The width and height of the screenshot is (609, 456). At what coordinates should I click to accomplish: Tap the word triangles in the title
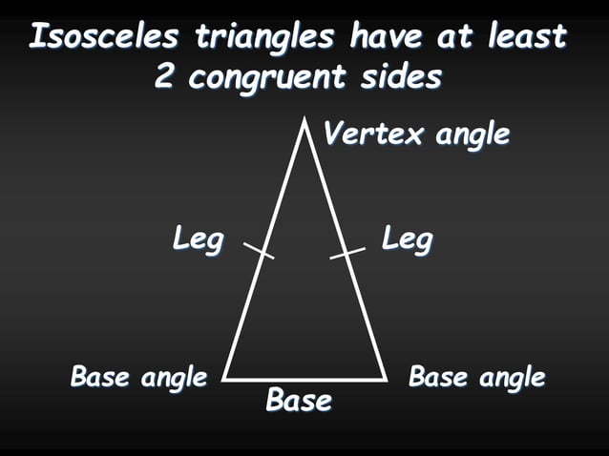point(266,37)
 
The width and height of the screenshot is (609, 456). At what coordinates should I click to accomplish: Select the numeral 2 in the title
point(165,77)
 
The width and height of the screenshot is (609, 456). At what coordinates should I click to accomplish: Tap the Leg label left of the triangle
point(198,238)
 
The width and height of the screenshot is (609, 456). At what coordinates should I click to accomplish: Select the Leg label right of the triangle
point(408,238)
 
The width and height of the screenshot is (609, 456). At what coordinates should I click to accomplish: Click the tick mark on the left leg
point(259,251)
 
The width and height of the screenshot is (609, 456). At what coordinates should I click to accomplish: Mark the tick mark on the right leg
point(348,251)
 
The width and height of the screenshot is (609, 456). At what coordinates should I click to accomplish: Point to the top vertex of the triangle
point(304,121)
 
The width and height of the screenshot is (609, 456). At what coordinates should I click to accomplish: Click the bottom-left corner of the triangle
point(223,379)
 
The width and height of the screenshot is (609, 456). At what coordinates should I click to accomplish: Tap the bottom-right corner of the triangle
point(387,379)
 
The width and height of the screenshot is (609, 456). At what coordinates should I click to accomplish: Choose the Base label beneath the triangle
point(299,401)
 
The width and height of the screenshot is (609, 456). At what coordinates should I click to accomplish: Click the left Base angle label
point(138,378)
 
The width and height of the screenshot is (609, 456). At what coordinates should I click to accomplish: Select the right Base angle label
point(476,378)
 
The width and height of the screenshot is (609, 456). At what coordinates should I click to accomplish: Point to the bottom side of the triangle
point(305,379)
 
